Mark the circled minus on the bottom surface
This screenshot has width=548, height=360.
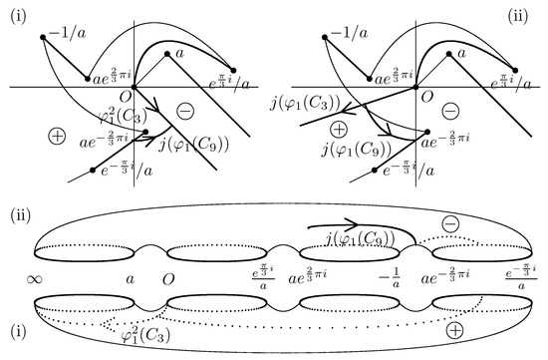[x=451, y=225]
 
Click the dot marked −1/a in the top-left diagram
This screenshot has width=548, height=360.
[x=44, y=38]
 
